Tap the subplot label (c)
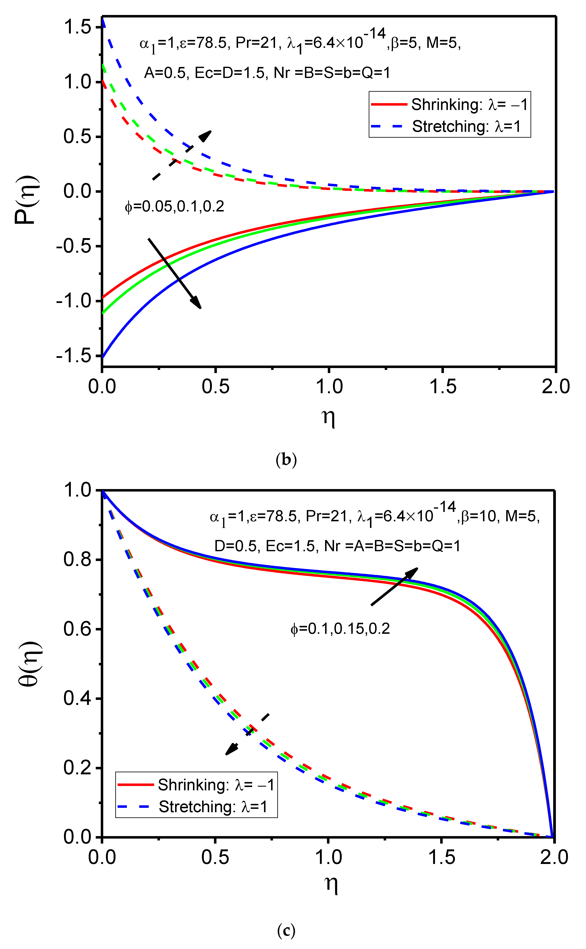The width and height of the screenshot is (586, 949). pyautogui.click(x=286, y=931)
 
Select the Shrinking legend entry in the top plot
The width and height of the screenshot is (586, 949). pyautogui.click(x=450, y=105)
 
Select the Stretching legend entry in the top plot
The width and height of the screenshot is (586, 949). pyautogui.click(x=450, y=126)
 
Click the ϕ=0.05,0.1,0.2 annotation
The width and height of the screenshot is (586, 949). pyautogui.click(x=174, y=207)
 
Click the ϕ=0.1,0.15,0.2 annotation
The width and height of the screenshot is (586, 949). pyautogui.click(x=340, y=629)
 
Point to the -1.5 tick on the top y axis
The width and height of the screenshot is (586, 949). pyautogui.click(x=74, y=356)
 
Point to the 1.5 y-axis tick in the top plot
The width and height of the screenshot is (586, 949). pyautogui.click(x=77, y=27)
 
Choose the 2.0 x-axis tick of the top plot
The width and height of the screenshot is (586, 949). pyautogui.click(x=555, y=387)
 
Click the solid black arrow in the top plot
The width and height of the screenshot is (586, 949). pyautogui.click(x=174, y=273)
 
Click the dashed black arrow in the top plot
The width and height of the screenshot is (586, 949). pyautogui.click(x=182, y=155)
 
